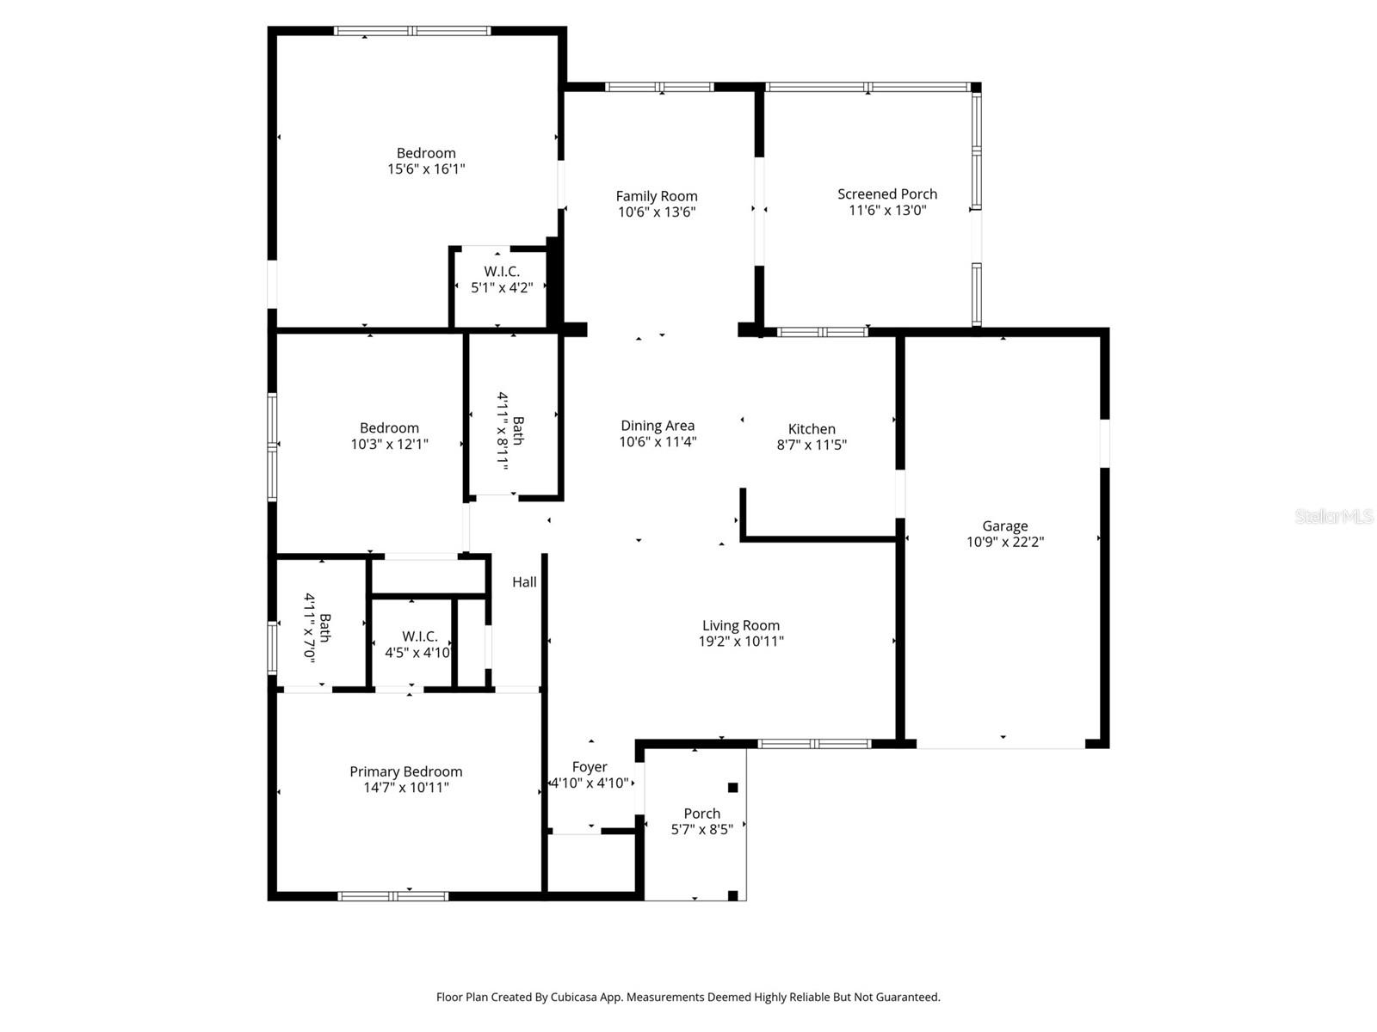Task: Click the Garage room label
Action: (1004, 525)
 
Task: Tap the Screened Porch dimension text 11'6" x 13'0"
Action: (887, 210)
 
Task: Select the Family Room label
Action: (657, 196)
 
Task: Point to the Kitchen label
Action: (812, 428)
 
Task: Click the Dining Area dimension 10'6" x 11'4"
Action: (658, 442)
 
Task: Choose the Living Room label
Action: (740, 625)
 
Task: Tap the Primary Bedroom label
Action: (405, 771)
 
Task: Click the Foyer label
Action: (590, 766)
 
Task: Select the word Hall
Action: (524, 582)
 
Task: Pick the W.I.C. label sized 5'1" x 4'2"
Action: (501, 272)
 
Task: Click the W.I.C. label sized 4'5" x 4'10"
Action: (419, 636)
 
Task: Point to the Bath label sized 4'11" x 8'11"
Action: (518, 430)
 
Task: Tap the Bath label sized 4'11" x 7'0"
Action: (324, 627)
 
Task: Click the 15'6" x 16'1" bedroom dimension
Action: (426, 169)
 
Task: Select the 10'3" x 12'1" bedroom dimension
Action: (389, 445)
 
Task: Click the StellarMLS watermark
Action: (1333, 517)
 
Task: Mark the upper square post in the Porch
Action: (732, 787)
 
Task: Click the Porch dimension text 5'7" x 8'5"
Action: (701, 830)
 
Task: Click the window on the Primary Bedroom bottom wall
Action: (393, 896)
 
